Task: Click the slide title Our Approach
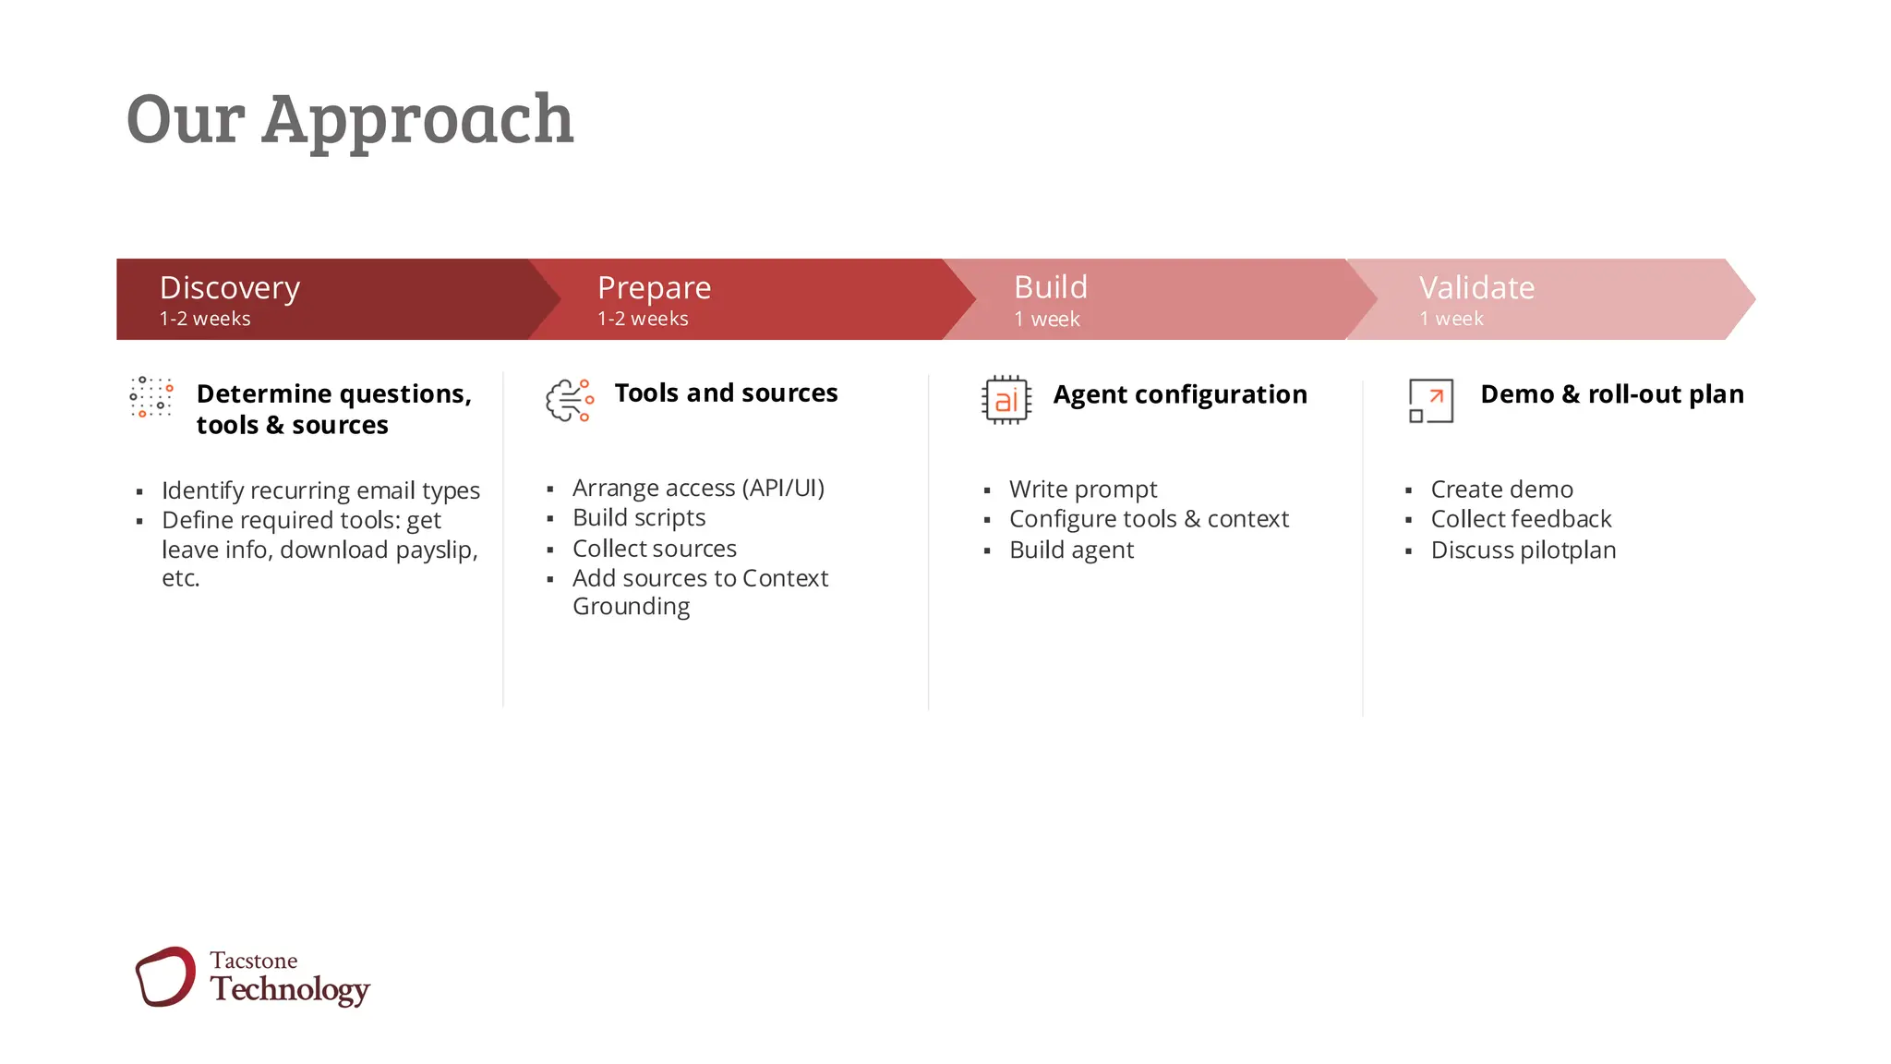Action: click(x=349, y=119)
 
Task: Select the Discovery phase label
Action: click(x=230, y=287)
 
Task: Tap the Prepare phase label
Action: click(x=654, y=287)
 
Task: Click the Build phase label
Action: click(x=1050, y=287)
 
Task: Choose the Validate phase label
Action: click(x=1475, y=287)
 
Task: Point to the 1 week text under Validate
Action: click(x=1451, y=319)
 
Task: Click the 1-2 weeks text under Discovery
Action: click(x=205, y=319)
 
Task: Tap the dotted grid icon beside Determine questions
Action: click(x=151, y=397)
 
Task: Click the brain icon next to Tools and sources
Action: click(x=569, y=400)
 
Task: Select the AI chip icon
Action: click(x=1006, y=400)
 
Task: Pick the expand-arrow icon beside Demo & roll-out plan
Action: click(x=1430, y=401)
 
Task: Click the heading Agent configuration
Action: click(x=1179, y=394)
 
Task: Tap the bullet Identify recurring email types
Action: click(x=320, y=490)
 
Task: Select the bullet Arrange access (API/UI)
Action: click(x=698, y=488)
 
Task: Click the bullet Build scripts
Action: click(x=638, y=517)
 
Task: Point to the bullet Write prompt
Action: click(x=1082, y=489)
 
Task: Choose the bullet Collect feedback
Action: click(x=1520, y=519)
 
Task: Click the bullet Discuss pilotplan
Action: click(x=1523, y=550)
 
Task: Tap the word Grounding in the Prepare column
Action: click(x=631, y=607)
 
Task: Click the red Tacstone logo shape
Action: click(x=165, y=976)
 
